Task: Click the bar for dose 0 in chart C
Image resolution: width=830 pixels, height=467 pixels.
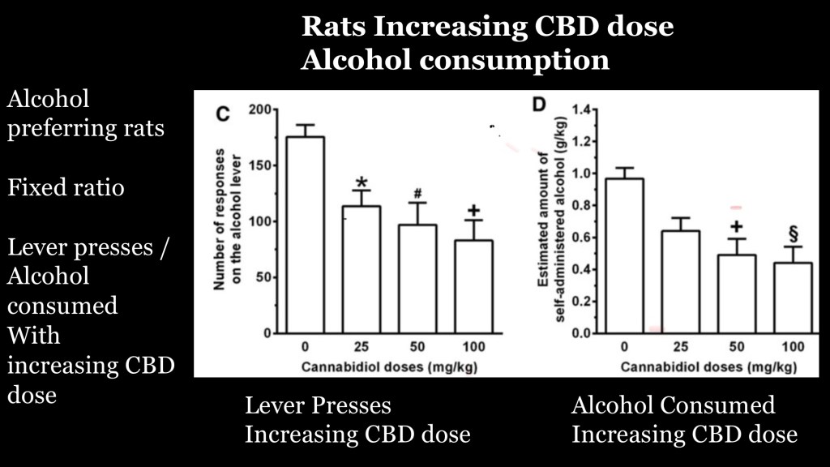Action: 305,235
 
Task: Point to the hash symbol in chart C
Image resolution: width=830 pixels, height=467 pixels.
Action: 417,194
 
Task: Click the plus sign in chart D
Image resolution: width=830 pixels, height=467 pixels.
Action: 735,227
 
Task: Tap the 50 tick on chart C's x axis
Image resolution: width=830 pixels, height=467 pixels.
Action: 417,347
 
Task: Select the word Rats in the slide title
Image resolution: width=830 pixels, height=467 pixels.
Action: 333,27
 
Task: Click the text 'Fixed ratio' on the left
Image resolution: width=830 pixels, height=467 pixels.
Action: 66,188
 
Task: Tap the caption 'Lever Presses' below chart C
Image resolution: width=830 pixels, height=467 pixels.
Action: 318,405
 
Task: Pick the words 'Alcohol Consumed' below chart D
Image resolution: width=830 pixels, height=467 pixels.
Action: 673,405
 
